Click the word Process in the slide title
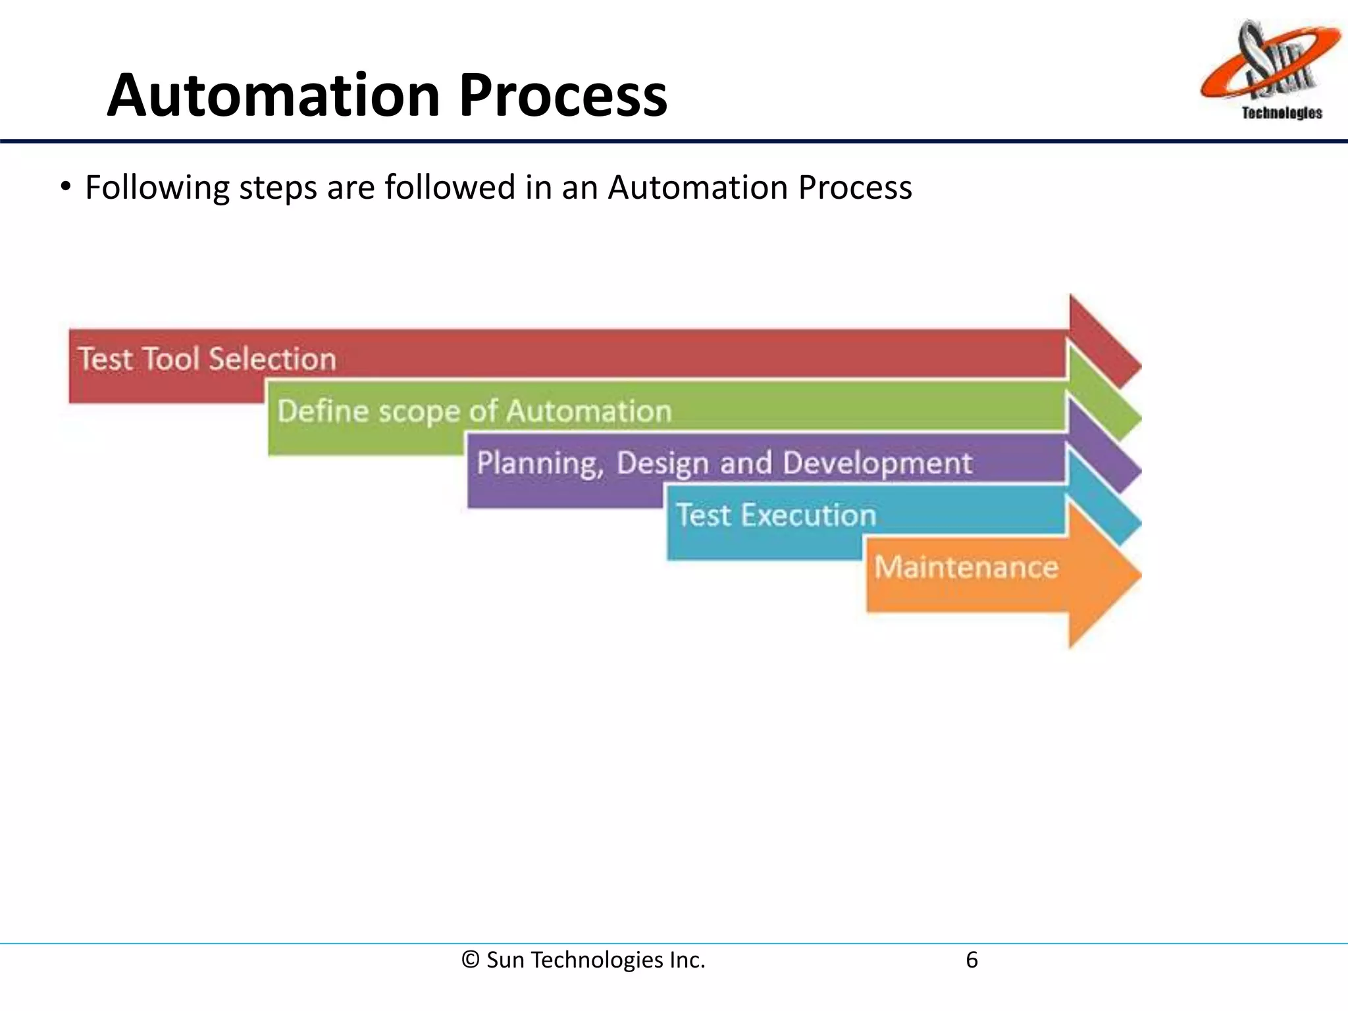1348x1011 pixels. (x=563, y=96)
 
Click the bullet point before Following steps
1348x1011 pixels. (x=65, y=187)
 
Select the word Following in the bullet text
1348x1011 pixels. (x=157, y=188)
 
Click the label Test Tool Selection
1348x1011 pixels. (x=207, y=359)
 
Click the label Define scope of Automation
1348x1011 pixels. (x=474, y=411)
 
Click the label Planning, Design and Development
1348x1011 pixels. (x=724, y=463)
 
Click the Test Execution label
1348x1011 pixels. (x=776, y=515)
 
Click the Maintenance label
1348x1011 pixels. (x=966, y=567)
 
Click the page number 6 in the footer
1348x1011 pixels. (x=972, y=960)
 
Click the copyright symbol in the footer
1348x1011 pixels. (x=470, y=960)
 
